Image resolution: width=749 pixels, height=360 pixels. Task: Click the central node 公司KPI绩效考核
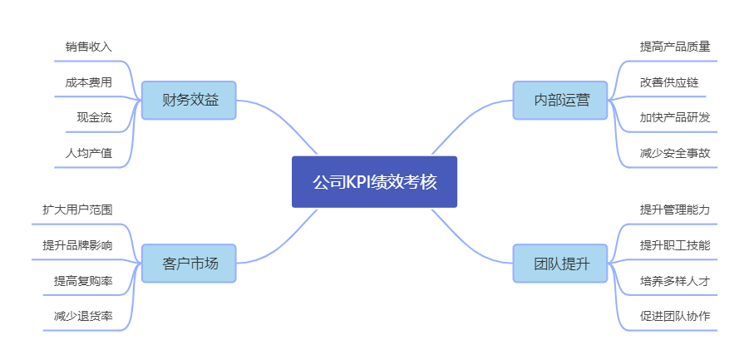374,182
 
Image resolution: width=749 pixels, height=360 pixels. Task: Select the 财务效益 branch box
189,101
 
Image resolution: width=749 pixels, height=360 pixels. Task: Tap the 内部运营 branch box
560,101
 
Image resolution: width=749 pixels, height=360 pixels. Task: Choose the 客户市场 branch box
189,264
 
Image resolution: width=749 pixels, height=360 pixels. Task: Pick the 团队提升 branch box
560,264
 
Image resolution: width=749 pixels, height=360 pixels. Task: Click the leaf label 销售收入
88,47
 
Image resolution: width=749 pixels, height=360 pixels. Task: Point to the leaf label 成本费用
88,82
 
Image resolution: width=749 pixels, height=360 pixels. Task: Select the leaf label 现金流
94,117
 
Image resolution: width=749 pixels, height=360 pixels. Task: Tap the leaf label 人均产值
88,153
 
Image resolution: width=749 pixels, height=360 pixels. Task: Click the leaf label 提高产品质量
675,47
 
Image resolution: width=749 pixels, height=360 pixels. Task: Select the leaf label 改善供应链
669,82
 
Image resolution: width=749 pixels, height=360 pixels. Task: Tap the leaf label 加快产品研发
675,117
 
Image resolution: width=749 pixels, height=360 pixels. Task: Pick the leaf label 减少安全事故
675,153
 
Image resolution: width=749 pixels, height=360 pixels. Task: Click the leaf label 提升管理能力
675,210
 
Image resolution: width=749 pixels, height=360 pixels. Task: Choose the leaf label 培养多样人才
675,281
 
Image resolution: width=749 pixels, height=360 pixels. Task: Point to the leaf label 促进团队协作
675,316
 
